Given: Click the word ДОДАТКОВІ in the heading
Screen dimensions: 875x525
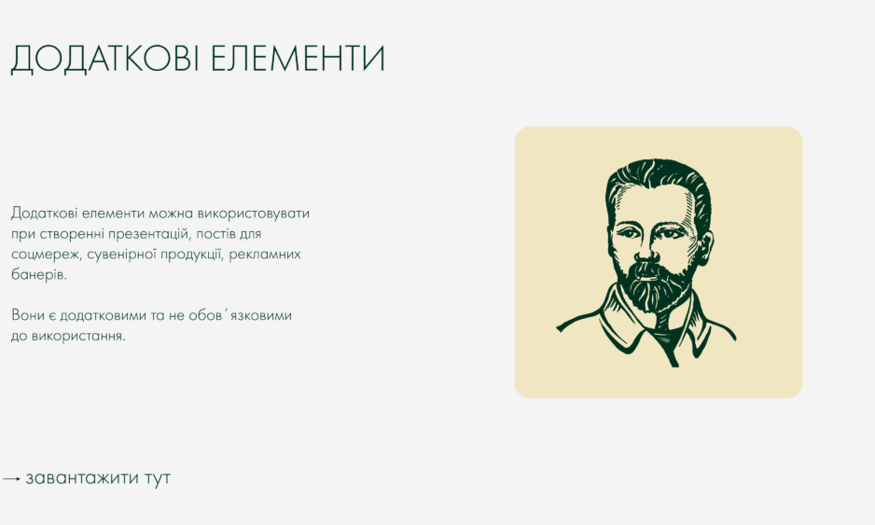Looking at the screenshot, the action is click(x=104, y=59).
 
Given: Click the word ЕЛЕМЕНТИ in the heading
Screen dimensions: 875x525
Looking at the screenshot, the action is click(x=298, y=58).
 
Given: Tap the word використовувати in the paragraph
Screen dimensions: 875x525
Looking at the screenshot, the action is click(x=254, y=214).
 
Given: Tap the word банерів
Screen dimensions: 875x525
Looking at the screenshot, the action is click(x=38, y=274).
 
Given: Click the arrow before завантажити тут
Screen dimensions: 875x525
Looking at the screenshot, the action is click(x=12, y=478).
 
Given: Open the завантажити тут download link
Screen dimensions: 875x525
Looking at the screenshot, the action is click(x=98, y=478).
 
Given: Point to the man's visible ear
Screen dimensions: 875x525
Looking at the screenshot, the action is click(x=706, y=249).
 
